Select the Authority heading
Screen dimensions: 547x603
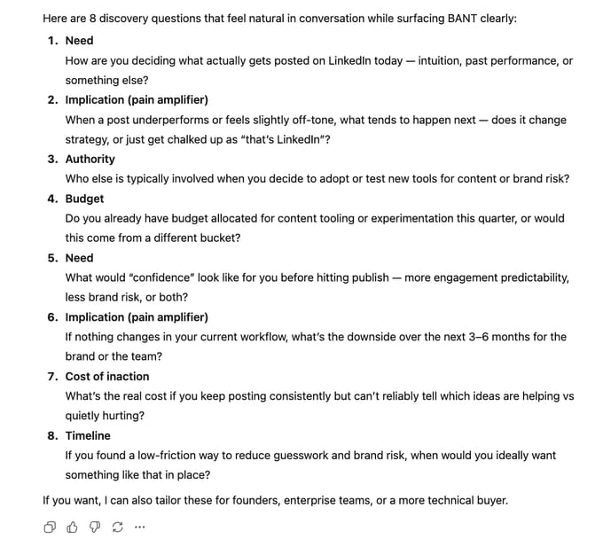point(90,159)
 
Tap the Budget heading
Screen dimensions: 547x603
point(84,199)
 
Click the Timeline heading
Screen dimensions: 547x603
point(88,435)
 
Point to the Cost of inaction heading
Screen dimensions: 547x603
point(107,376)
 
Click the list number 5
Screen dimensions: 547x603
point(52,258)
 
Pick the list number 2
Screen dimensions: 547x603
point(52,100)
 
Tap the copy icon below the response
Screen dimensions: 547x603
point(50,527)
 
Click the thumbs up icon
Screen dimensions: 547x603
point(73,527)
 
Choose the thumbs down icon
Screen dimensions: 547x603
point(95,527)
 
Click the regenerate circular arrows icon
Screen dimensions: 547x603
point(117,527)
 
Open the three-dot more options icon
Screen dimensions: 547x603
point(139,527)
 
